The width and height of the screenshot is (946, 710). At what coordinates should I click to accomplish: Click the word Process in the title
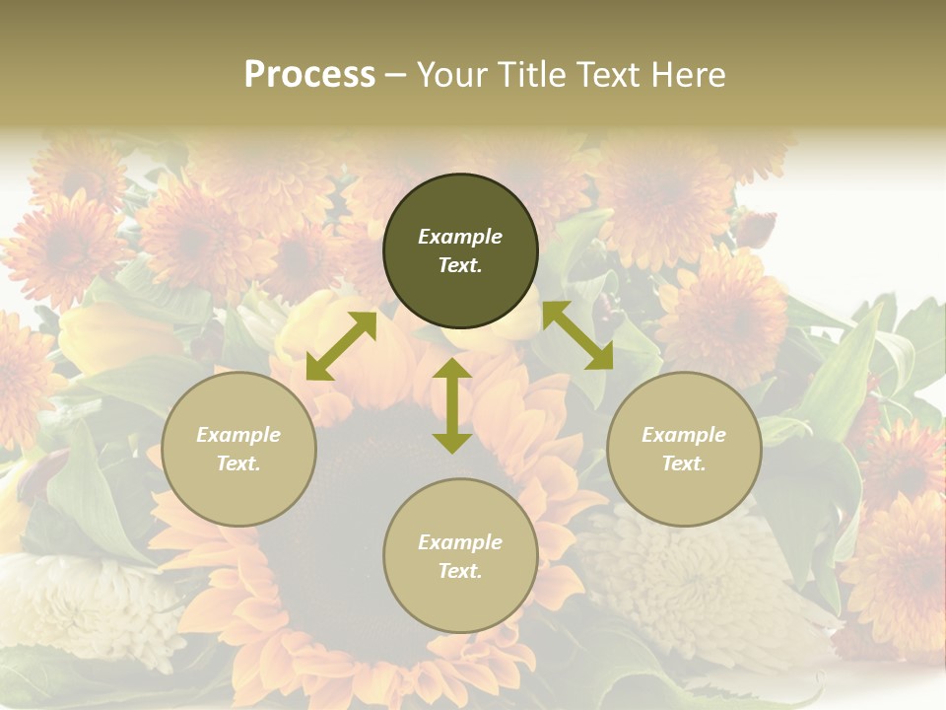(x=309, y=75)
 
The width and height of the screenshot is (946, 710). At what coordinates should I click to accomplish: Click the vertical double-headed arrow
(x=452, y=405)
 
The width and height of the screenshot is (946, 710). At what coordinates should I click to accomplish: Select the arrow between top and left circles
(x=341, y=346)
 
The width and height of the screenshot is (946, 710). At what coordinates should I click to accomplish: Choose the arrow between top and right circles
(x=577, y=335)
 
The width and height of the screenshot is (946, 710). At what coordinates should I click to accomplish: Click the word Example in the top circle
(x=460, y=237)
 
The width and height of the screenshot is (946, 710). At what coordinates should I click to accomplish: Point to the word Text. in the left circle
(x=238, y=463)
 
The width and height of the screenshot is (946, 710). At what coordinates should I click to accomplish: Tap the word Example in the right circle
(x=684, y=435)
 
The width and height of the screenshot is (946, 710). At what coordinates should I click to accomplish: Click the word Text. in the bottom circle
(x=460, y=571)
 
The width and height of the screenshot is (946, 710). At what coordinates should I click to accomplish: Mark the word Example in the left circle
(x=238, y=435)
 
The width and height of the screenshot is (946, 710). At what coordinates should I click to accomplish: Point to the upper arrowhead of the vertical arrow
(x=452, y=369)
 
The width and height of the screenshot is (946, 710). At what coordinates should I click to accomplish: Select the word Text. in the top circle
(x=460, y=265)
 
